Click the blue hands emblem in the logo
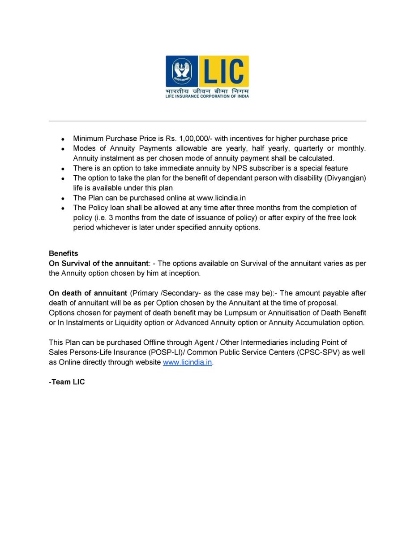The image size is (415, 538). (x=182, y=71)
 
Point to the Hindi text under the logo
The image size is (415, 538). (x=207, y=91)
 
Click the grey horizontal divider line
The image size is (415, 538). (x=207, y=121)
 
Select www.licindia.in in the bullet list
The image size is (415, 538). (x=222, y=198)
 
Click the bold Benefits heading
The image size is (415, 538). (x=64, y=253)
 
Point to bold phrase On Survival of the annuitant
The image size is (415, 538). (x=98, y=263)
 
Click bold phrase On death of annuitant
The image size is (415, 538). (x=88, y=293)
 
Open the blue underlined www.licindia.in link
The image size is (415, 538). (x=187, y=362)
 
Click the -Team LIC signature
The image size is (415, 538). (x=67, y=382)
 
